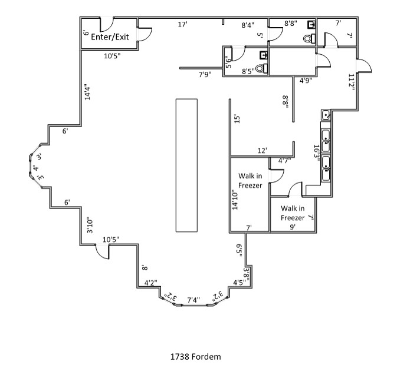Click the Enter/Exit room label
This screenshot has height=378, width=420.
(110, 37)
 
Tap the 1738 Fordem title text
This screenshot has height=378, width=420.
(195, 357)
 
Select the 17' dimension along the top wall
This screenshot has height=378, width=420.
(183, 24)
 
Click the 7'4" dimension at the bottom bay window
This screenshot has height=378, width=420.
(193, 300)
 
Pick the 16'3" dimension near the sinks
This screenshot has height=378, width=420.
(317, 153)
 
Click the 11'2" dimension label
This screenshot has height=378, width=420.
(352, 82)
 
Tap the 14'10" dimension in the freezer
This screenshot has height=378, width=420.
(235, 200)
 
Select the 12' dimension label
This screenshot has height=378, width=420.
(262, 151)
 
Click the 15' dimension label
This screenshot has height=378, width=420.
(237, 119)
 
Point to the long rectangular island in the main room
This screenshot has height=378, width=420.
(186, 165)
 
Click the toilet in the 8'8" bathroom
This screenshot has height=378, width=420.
(309, 39)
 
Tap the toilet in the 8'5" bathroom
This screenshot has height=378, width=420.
(262, 68)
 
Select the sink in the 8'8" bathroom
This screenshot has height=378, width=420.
(311, 25)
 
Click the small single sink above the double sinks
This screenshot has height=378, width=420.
(326, 115)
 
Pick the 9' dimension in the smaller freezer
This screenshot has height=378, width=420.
(293, 227)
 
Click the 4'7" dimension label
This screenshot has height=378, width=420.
(284, 161)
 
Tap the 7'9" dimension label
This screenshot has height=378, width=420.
(205, 74)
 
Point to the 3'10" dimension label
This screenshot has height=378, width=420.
(90, 225)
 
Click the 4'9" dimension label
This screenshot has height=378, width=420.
(306, 80)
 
